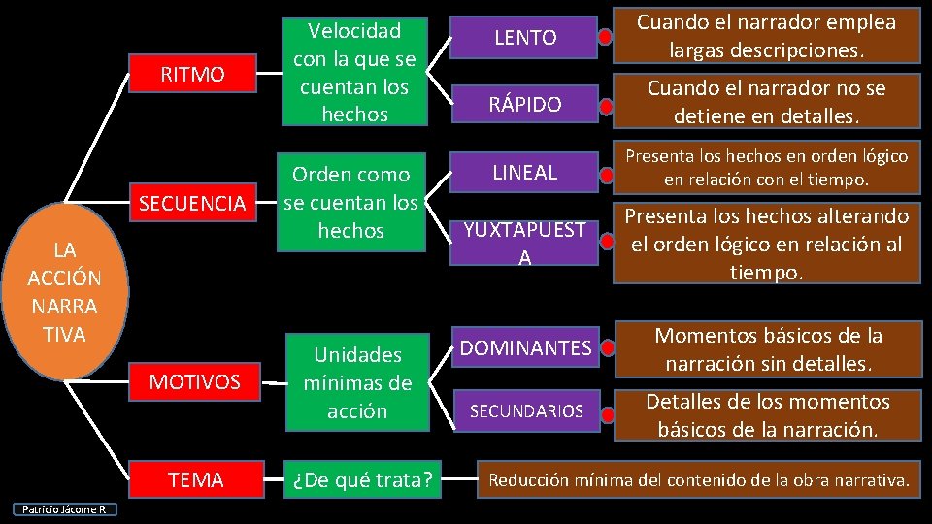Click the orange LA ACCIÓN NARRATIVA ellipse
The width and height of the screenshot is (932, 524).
(64, 292)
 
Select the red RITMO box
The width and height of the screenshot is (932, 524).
(191, 75)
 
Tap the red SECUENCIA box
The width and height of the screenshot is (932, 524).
(191, 203)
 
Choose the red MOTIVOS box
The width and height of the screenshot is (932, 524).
(194, 382)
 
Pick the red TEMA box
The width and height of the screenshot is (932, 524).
(195, 479)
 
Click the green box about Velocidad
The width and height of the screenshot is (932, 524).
(353, 72)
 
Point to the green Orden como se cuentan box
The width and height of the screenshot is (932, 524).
(350, 203)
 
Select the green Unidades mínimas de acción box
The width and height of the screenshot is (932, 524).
(356, 382)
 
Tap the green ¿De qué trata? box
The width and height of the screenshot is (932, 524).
(356, 479)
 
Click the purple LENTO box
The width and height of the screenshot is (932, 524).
(525, 38)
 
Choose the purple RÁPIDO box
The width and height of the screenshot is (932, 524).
(525, 104)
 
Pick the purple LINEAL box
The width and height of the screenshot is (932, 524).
(525, 173)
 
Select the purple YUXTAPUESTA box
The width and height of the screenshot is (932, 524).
(525, 243)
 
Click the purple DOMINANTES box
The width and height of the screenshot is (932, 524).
(525, 346)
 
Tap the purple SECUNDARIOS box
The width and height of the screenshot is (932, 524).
(525, 411)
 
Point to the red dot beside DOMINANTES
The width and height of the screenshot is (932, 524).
(606, 347)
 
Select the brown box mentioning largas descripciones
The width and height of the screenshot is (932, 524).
(766, 35)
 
